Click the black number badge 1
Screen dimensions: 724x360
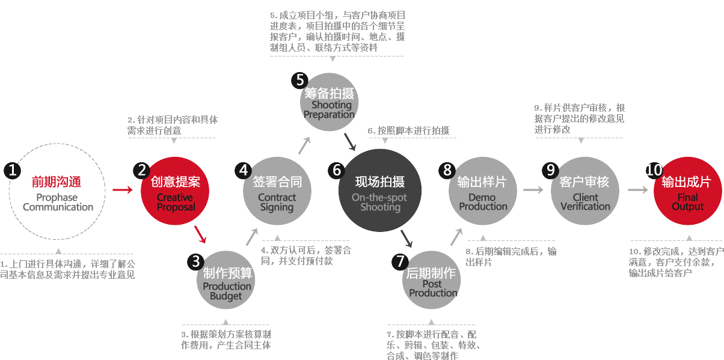[x=12, y=170]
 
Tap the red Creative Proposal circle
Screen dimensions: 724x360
[x=175, y=191]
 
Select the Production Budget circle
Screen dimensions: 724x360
[x=226, y=280]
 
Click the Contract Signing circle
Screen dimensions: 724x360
[x=277, y=191]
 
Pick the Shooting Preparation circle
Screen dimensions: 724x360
[x=329, y=102]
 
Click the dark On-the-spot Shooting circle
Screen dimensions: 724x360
[x=380, y=191]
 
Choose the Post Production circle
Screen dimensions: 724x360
[x=432, y=280]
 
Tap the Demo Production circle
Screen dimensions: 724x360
[x=482, y=191]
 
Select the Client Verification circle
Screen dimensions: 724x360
[x=585, y=191]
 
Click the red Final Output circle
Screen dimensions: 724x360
[x=688, y=191]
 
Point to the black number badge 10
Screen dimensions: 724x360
[x=654, y=170]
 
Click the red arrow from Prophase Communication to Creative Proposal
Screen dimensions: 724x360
[x=123, y=190]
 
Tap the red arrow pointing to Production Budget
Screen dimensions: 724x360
[x=200, y=234]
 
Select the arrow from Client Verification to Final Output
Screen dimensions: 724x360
[x=637, y=190]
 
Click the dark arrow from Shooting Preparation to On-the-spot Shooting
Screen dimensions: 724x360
[x=350, y=142]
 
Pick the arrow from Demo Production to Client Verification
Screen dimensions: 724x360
[x=533, y=190]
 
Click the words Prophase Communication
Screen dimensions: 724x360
[x=58, y=202]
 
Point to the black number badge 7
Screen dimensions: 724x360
[x=400, y=261]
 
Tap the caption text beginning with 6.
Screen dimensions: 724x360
[x=408, y=130]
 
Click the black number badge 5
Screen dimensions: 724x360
[x=299, y=81]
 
